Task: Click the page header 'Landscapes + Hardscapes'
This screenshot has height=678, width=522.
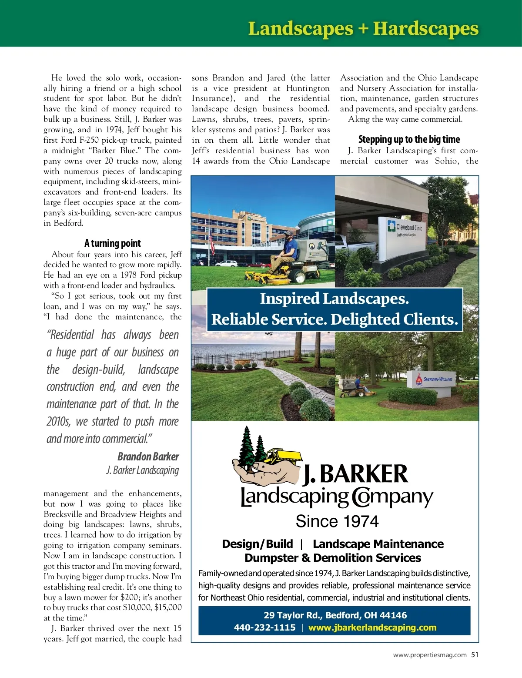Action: [x=363, y=29]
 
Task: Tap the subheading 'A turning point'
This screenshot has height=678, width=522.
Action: [x=112, y=243]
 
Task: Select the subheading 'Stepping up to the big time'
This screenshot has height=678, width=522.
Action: [x=408, y=139]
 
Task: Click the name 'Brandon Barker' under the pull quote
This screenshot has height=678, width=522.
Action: [x=148, y=456]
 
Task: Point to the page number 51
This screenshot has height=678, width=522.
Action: [x=475, y=655]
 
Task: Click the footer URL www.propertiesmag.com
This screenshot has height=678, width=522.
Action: [x=429, y=655]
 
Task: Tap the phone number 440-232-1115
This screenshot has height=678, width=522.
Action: [x=264, y=628]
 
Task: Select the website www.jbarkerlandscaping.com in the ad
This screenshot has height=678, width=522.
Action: [x=372, y=628]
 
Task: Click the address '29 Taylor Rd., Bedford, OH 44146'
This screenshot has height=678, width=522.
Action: [x=335, y=615]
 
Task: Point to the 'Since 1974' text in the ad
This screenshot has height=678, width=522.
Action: [x=337, y=521]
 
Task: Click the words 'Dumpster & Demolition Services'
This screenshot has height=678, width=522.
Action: [x=333, y=558]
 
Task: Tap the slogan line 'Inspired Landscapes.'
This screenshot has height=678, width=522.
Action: [x=334, y=299]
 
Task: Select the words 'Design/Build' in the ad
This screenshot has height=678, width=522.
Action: [x=257, y=544]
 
